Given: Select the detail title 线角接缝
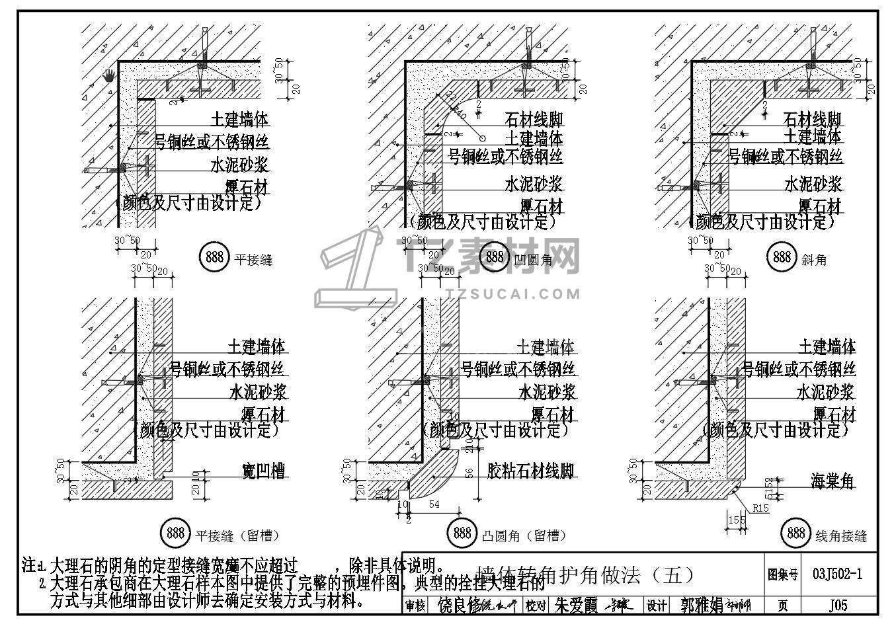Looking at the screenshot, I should pyautogui.click(x=841, y=536).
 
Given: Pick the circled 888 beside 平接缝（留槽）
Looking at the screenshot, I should pyautogui.click(x=175, y=532).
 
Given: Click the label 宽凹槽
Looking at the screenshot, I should pyautogui.click(x=263, y=471).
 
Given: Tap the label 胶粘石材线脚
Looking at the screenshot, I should pyautogui.click(x=530, y=471).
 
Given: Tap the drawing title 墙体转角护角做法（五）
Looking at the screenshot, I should pyautogui.click(x=585, y=575).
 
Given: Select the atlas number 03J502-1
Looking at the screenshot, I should pyautogui.click(x=838, y=574).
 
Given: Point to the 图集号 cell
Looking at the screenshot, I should pyautogui.click(x=783, y=575).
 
